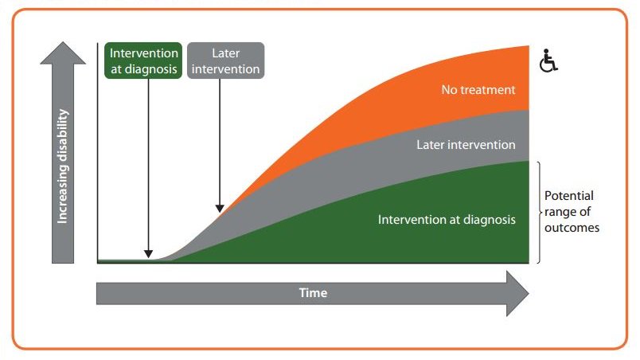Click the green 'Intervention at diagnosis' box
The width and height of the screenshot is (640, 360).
coord(144,61)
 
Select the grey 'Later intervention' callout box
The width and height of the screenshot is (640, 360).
coord(226,61)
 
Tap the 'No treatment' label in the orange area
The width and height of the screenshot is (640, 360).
coord(479,89)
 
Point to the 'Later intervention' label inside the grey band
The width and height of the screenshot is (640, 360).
coord(466,145)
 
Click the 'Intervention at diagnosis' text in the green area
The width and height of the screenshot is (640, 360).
coord(447,219)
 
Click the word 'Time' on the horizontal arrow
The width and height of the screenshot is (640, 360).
coord(313,292)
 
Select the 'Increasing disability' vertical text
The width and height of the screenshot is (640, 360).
coord(63,166)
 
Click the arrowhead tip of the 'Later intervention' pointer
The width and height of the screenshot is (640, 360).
coord(220,210)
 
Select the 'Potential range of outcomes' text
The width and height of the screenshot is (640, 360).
coord(571,211)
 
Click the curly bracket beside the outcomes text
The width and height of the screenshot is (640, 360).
coord(540,212)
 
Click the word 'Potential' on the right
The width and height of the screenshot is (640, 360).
coord(568,195)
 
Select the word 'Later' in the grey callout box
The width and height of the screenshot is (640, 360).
coord(226,53)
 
